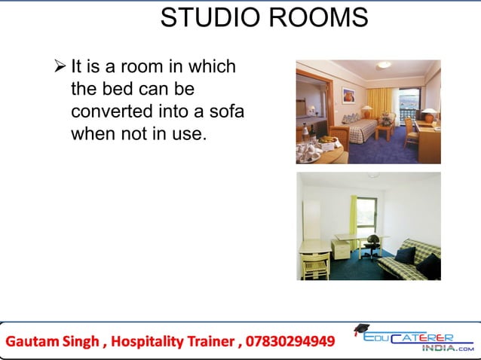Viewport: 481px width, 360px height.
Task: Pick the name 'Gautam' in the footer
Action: coord(35,342)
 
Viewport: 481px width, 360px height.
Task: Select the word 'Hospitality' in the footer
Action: coord(146,342)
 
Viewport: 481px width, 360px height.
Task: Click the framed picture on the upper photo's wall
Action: coord(348,95)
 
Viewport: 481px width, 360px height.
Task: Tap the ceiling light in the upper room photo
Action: coord(384,66)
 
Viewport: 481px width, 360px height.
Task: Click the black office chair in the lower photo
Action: coord(372,246)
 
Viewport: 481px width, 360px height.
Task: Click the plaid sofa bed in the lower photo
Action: coord(409,260)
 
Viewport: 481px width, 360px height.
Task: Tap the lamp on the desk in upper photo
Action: coord(427,114)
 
